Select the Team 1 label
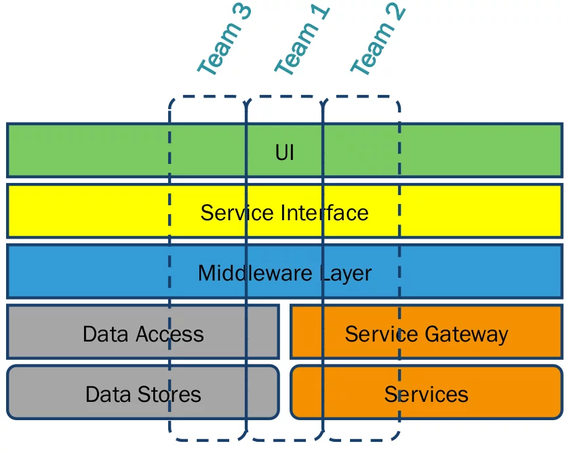tap(302, 40)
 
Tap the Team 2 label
tap(378, 40)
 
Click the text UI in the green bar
tap(285, 152)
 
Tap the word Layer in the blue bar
tap(345, 274)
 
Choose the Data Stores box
tap(143, 394)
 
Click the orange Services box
tap(427, 394)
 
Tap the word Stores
tap(170, 394)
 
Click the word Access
tap(170, 334)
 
